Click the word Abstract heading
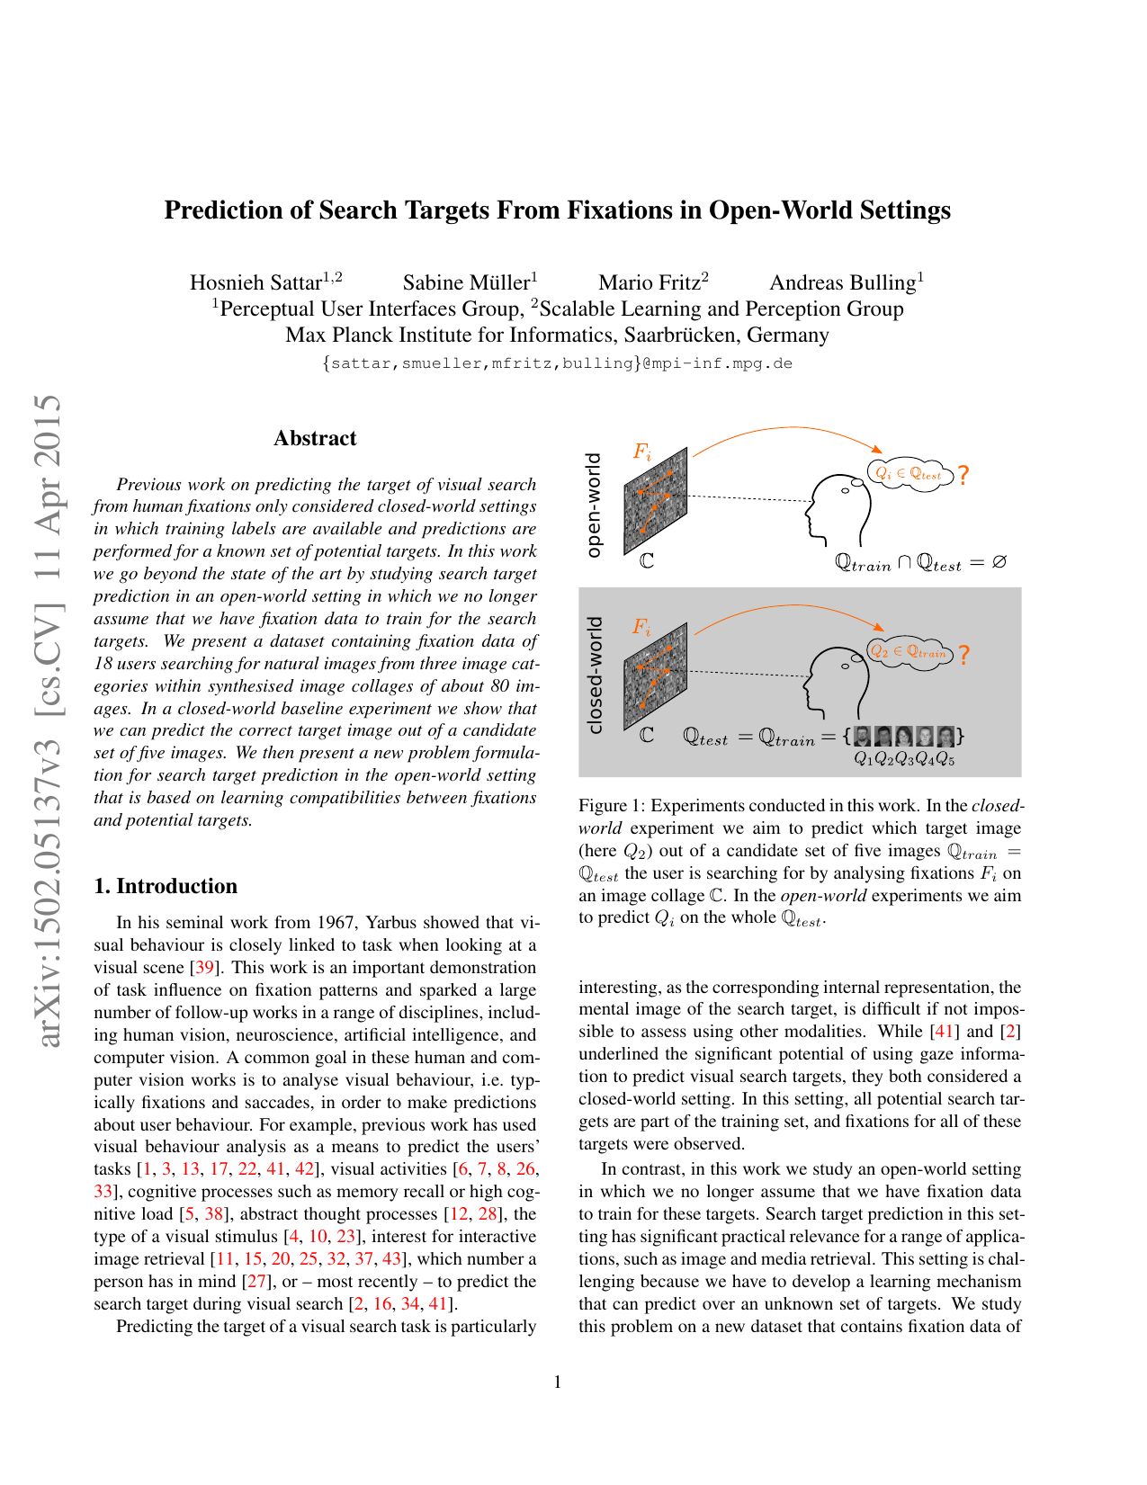pos(315,438)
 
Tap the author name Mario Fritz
pos(649,282)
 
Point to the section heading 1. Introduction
pos(166,886)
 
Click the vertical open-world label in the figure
pos(593,505)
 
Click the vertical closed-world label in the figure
pos(593,675)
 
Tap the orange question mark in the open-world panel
pos(963,475)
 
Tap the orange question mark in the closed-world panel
pos(963,655)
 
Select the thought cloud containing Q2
pos(909,652)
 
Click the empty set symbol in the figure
pos(999,562)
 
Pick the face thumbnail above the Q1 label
pos(862,737)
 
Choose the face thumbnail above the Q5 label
pos(945,737)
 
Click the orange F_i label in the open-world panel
pos(641,452)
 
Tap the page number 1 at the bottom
pos(558,1382)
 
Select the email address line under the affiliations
pos(557,363)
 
